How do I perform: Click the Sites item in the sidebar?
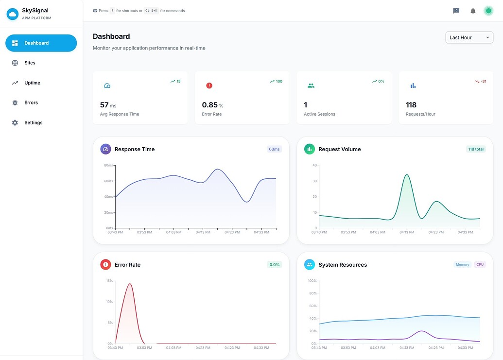[x=30, y=63]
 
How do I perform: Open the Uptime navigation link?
[x=32, y=83]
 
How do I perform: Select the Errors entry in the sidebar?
[x=31, y=103]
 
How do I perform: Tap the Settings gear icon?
[x=15, y=122]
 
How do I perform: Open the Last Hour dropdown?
[x=469, y=37]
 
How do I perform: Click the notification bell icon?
[x=473, y=11]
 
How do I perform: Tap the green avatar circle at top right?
[x=488, y=11]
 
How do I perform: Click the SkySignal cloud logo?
[x=12, y=14]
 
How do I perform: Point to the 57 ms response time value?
[x=108, y=105]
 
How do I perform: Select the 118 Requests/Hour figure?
[x=411, y=105]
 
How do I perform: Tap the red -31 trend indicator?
[x=481, y=81]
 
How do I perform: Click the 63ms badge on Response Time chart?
[x=274, y=149]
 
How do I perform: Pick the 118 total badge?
[x=476, y=149]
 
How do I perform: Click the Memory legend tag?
[x=462, y=265]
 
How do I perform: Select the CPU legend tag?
[x=480, y=265]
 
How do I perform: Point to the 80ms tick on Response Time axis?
[x=108, y=165]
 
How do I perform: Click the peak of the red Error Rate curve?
[x=129, y=284]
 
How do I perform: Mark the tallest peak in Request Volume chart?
[x=406, y=175]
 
